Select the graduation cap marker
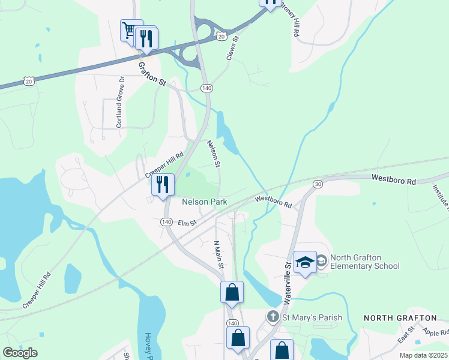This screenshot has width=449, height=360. [x=305, y=262]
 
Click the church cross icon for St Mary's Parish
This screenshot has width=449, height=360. [x=273, y=316]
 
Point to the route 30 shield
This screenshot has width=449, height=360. [x=318, y=184]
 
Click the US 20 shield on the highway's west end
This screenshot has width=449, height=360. [x=29, y=80]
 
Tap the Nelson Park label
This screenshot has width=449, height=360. [x=205, y=202]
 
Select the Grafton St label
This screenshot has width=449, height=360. [x=151, y=72]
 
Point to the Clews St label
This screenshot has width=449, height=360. [x=233, y=47]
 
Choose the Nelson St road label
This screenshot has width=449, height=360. [x=214, y=153]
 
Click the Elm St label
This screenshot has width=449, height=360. [x=187, y=223]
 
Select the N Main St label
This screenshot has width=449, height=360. [x=219, y=254]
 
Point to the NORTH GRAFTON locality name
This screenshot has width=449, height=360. [x=400, y=317]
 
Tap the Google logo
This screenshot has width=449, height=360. [x=20, y=352]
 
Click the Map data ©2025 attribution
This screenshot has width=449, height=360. [x=423, y=355]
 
